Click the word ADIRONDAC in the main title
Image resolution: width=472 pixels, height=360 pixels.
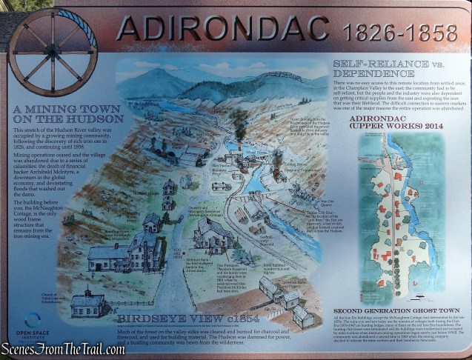point(222,27)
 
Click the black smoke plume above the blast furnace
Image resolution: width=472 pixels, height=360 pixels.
point(240,122)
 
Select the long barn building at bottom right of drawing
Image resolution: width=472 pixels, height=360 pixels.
point(282,293)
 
